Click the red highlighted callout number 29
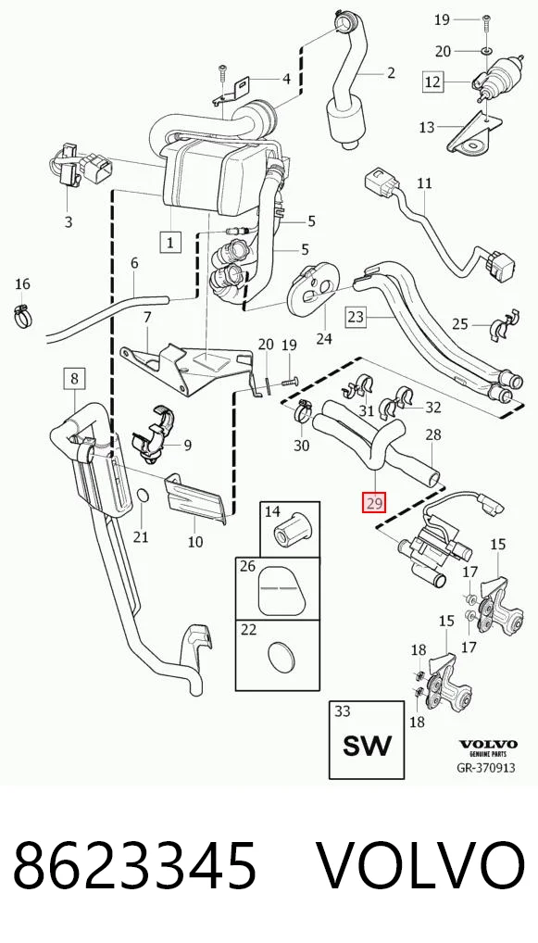pos(374,503)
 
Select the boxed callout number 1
pos(170,243)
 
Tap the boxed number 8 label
pos(74,378)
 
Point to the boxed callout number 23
pos(357,316)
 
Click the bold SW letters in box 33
pos(367,746)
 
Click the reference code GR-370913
pos(486,767)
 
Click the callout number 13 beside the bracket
pos(426,127)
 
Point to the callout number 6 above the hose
pos(134,263)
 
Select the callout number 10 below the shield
pos(195,542)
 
